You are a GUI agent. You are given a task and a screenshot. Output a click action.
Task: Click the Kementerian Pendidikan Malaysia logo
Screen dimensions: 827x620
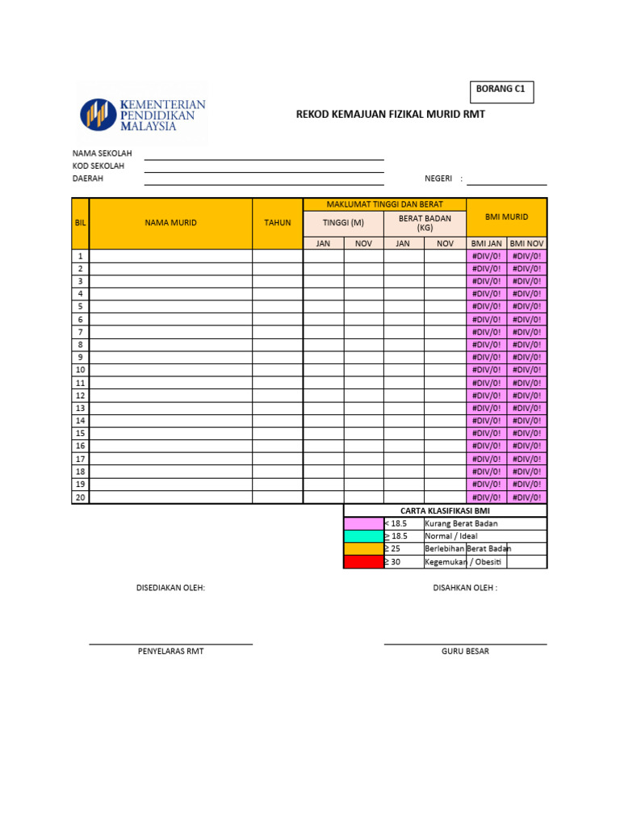tap(142, 115)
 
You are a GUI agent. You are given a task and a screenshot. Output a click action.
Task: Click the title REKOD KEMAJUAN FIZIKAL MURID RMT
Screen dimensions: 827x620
tap(391, 115)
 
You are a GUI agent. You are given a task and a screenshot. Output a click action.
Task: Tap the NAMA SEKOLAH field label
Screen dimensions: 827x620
tap(102, 153)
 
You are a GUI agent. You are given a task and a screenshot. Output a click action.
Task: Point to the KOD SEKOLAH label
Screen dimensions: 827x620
tap(98, 166)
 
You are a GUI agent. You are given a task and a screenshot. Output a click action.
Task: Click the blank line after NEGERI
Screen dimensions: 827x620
tap(506, 179)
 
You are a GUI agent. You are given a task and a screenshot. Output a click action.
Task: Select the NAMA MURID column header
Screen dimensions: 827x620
tap(170, 223)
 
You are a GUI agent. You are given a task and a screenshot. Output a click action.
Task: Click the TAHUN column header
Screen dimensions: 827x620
tap(277, 223)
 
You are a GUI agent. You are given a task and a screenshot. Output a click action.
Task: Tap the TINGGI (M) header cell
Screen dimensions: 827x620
tap(343, 223)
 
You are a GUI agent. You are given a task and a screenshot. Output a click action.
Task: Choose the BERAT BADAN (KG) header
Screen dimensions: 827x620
tap(425, 223)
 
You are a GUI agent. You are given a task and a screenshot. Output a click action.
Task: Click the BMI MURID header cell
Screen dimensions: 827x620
tap(506, 217)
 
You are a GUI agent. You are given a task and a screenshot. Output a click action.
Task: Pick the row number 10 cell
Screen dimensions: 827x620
tap(80, 370)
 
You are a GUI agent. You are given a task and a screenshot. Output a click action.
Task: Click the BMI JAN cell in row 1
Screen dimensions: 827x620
tap(487, 256)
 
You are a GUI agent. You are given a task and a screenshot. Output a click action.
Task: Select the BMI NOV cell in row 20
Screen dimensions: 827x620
tap(527, 497)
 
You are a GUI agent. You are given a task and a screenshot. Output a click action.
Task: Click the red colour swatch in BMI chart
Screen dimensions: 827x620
tap(363, 562)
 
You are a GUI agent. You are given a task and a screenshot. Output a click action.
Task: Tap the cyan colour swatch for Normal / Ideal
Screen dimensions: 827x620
tap(363, 536)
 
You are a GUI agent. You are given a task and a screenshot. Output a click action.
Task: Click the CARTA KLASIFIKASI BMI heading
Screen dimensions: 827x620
tap(445, 510)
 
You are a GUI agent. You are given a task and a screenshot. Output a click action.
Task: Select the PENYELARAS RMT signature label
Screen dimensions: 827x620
tap(170, 651)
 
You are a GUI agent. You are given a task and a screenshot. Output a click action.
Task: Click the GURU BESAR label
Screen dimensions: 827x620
tap(465, 651)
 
